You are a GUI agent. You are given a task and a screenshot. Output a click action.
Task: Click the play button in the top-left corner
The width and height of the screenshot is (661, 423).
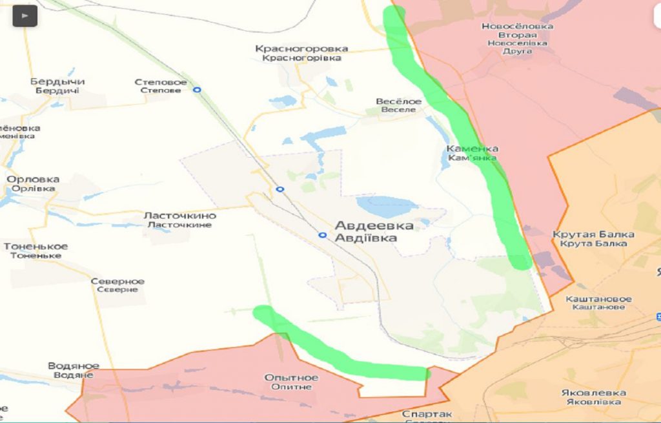click(25, 15)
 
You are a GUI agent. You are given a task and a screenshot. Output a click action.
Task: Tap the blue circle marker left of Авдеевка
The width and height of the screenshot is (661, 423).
click(322, 235)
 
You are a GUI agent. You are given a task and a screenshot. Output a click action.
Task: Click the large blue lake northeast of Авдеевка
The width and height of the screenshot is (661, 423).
click(387, 206)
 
